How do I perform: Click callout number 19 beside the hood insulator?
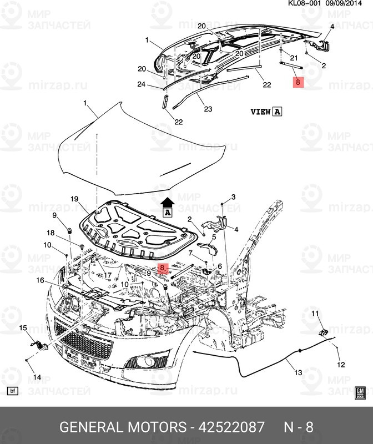[74, 199]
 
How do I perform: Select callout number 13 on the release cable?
[298, 372]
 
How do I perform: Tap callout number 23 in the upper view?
[208, 109]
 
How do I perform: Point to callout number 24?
[142, 85]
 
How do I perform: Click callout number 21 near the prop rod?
[294, 58]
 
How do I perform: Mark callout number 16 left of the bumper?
[190, 254]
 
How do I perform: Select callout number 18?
[51, 233]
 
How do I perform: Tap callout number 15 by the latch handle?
[23, 329]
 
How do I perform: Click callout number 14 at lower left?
[37, 377]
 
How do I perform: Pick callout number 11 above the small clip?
[315, 315]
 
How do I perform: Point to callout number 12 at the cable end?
[341, 365]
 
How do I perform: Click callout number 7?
[190, 254]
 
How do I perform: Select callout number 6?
[220, 266]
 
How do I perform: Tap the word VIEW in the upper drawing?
[260, 112]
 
